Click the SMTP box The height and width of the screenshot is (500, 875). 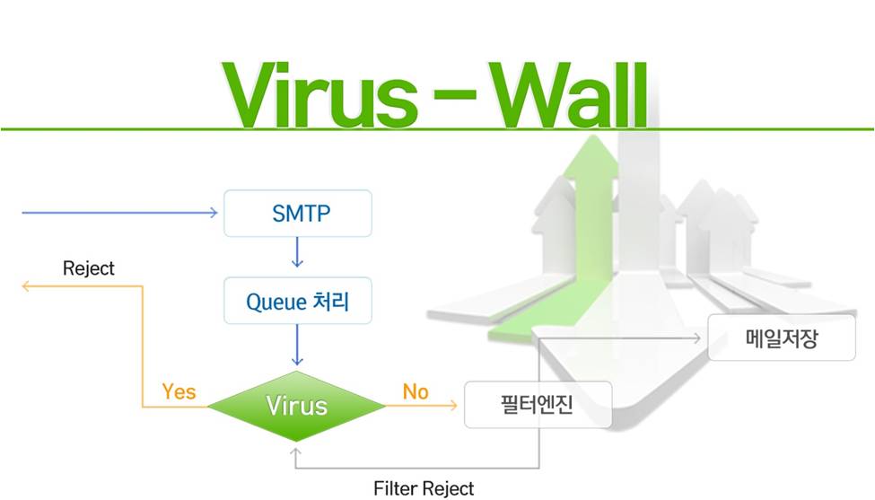coord(297,213)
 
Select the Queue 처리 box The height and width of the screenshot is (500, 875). coord(297,301)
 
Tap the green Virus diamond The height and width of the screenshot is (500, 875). coord(296,406)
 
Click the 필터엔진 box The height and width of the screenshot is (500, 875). coord(538,405)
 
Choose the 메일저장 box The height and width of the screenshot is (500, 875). coord(782,338)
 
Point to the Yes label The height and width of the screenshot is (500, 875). coord(179,391)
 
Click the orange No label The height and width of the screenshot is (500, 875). coord(416,391)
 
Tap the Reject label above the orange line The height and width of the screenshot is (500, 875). coord(89,268)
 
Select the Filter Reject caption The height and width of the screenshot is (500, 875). coord(424,488)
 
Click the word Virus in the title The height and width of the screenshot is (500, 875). coord(320,94)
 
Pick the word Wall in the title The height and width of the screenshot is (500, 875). coord(569,94)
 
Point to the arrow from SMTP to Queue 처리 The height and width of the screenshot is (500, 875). coord(297,252)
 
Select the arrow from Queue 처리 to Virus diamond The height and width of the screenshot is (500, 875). coord(297,345)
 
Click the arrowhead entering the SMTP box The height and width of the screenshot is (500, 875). coord(214,213)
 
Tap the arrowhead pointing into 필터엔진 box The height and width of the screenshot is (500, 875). coord(453,405)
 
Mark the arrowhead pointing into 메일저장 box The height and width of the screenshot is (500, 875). coord(696,338)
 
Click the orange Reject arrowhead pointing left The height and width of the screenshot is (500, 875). coord(25,286)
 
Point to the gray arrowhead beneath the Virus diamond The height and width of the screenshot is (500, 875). coord(296,451)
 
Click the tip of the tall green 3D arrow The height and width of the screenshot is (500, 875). coord(593,135)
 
